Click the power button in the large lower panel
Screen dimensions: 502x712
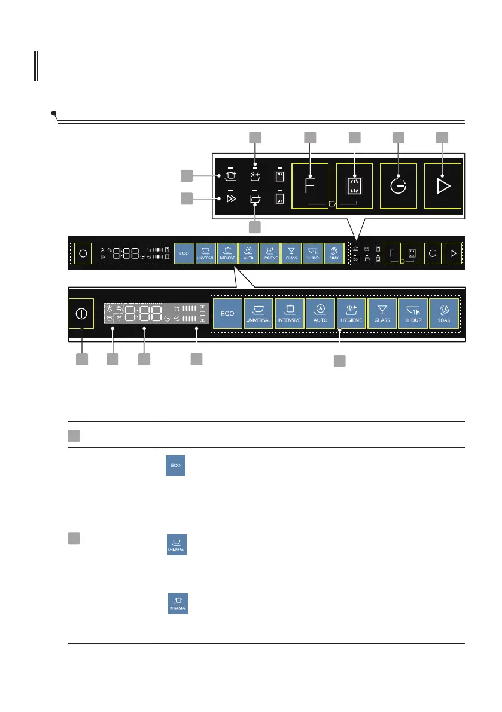click(x=82, y=313)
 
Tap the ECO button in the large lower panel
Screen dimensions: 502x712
click(x=227, y=313)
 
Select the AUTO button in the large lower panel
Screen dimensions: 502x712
click(x=320, y=313)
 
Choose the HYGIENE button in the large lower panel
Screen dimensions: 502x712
click(x=351, y=313)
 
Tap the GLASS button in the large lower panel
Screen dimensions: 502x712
click(x=382, y=313)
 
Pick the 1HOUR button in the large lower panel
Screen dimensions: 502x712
click(x=413, y=313)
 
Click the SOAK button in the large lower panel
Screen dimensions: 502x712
click(x=444, y=313)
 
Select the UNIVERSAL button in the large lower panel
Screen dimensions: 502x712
click(x=258, y=313)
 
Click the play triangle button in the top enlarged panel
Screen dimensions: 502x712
click(x=443, y=186)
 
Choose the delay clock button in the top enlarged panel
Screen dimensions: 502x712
click(x=398, y=186)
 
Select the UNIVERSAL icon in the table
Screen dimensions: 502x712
click(x=177, y=545)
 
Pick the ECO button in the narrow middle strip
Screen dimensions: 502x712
click(x=184, y=253)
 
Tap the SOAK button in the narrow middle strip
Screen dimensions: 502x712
click(x=334, y=253)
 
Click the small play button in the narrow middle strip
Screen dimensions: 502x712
click(x=454, y=253)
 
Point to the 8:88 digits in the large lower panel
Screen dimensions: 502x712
click(x=143, y=313)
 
